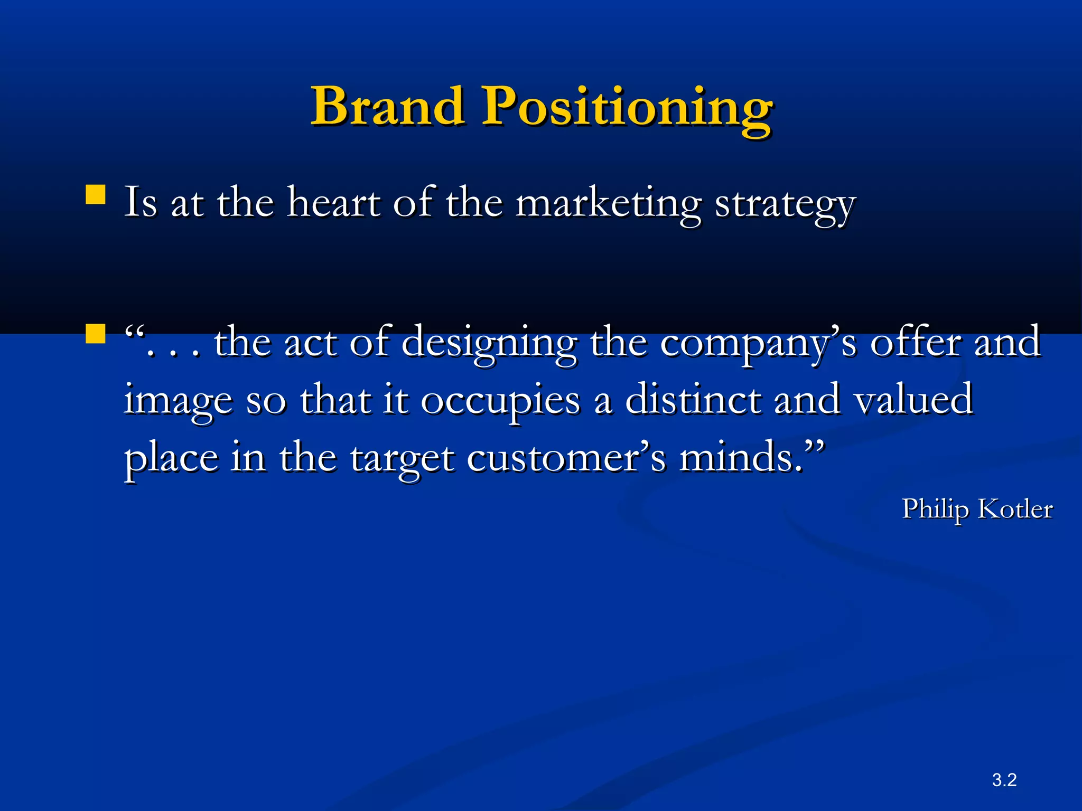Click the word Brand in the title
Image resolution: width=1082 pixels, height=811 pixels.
[x=388, y=107]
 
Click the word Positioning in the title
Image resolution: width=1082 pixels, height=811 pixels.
[x=627, y=110]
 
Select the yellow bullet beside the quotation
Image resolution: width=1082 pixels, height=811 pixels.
[x=96, y=334]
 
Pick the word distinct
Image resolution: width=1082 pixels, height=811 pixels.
[x=693, y=399]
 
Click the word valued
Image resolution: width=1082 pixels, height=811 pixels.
[x=913, y=399]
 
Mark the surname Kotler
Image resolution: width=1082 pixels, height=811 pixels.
[x=1015, y=510]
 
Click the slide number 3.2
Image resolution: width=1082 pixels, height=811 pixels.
[x=1004, y=780]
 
